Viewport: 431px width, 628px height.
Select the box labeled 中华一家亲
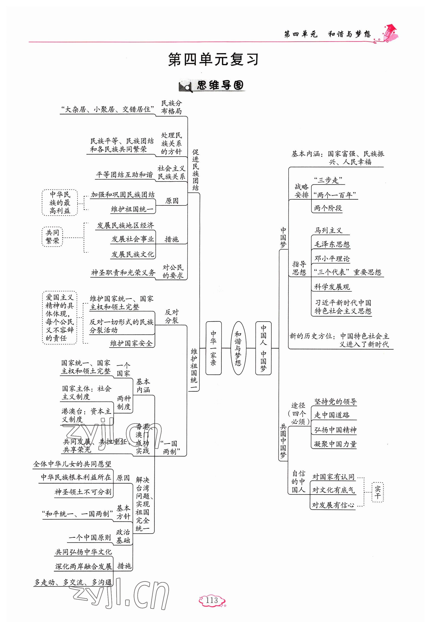[213, 348]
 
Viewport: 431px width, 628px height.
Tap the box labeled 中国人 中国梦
[263, 348]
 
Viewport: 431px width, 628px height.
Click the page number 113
[212, 600]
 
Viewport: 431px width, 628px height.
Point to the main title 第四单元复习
[213, 59]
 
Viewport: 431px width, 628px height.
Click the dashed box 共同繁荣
[52, 237]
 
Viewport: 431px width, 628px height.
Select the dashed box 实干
[377, 492]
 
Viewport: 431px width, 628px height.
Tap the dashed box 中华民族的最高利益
[60, 203]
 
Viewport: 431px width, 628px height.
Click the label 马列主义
[328, 231]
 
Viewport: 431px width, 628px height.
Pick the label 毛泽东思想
[332, 245]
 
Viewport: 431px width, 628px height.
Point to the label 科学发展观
[332, 287]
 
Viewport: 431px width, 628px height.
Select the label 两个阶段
[328, 208]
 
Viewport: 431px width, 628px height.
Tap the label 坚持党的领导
[335, 402]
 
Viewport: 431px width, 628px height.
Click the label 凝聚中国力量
[335, 444]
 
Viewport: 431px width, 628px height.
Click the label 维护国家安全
[131, 343]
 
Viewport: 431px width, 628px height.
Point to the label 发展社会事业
[133, 239]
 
